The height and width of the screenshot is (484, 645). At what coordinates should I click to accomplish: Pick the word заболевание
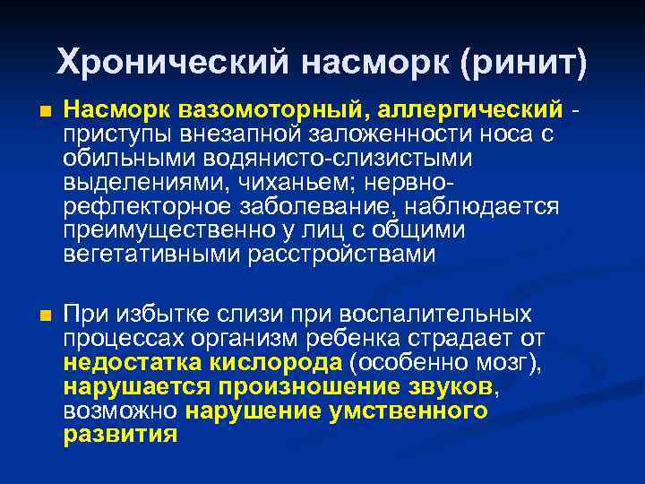tap(314, 207)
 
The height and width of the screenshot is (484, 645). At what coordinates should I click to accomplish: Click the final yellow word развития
tap(121, 436)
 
